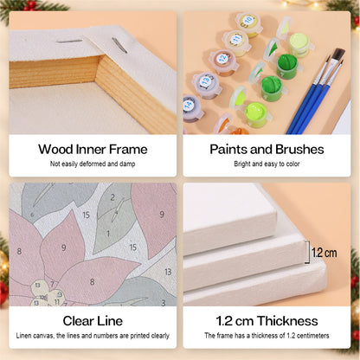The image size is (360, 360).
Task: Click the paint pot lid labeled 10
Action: pyautogui.click(x=248, y=21)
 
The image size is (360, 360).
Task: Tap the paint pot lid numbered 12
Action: pyautogui.click(x=222, y=59)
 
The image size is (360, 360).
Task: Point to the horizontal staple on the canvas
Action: pyautogui.click(x=69, y=42)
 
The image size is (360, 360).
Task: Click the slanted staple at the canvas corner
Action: pyautogui.click(x=119, y=46)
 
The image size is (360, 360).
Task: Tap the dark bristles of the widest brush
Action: pyautogui.click(x=338, y=55)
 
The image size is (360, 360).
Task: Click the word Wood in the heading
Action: pyautogui.click(x=55, y=150)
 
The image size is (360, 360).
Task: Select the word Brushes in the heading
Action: pyautogui.click(x=299, y=150)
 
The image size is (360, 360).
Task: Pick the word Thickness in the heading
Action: pyautogui.click(x=287, y=321)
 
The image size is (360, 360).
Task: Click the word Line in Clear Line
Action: pyautogui.click(x=110, y=321)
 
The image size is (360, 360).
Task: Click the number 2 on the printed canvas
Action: pyautogui.click(x=112, y=197)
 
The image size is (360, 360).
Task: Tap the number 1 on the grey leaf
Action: pyautogui.click(x=108, y=234)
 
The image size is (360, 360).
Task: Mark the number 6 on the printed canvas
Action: pyautogui.click(x=32, y=215)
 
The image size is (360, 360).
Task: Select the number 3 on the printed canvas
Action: pyautogui.click(x=164, y=303)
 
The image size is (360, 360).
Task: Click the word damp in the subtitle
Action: pyautogui.click(x=127, y=164)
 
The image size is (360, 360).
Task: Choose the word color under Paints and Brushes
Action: pyautogui.click(x=292, y=164)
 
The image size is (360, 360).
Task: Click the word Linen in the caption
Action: pyautogui.click(x=23, y=336)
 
